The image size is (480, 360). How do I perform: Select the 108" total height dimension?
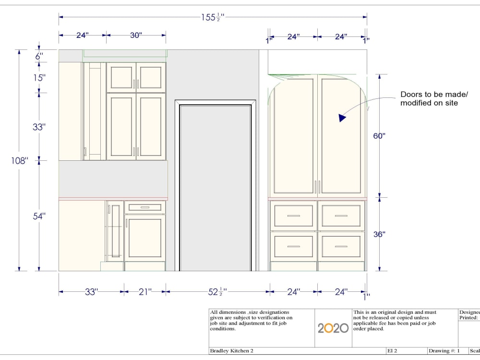(20, 160)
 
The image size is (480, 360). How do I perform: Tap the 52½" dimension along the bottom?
(217, 291)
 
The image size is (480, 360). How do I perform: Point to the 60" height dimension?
(380, 136)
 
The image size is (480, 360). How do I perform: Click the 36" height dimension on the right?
(380, 234)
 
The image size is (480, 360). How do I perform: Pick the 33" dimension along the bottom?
(91, 291)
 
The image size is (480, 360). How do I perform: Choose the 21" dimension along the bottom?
(145, 291)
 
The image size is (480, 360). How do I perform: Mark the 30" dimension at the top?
(136, 36)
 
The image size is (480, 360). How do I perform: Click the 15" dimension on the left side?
(39, 77)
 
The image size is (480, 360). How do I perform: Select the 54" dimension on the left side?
(39, 216)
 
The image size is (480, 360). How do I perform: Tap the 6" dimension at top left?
(39, 56)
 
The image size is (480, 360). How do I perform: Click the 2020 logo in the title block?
(333, 328)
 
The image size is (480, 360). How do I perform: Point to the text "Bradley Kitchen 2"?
(232, 351)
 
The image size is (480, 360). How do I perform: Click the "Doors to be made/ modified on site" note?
(433, 98)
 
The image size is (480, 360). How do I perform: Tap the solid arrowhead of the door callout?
(342, 117)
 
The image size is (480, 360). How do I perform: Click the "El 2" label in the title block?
(392, 351)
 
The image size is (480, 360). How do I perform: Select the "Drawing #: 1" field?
(444, 351)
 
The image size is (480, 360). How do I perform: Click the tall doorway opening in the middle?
(216, 187)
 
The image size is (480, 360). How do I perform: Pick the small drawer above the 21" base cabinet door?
(145, 207)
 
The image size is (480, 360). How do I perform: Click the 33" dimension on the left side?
(39, 127)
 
